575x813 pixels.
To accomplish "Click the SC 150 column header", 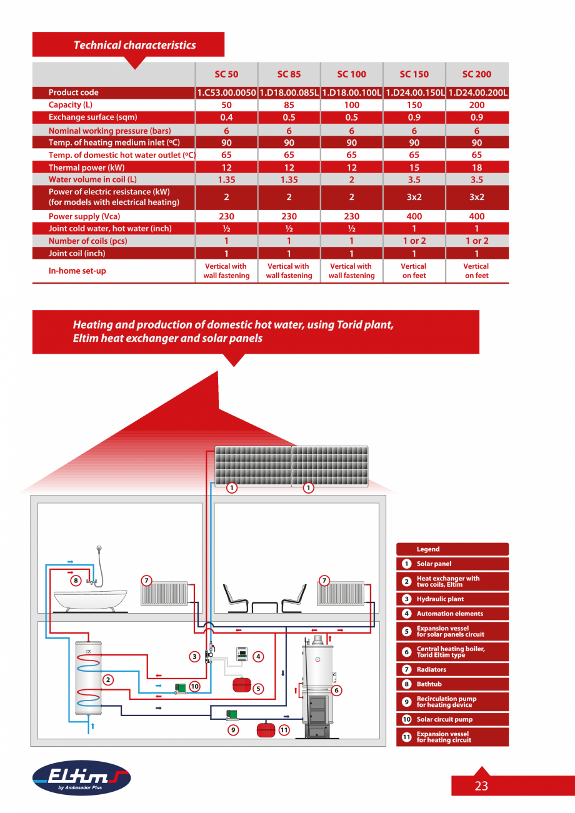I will point(414,74).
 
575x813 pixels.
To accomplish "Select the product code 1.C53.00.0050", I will point(226,92).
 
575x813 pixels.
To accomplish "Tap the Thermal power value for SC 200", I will point(477,167).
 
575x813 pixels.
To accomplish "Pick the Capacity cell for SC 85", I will point(289,105).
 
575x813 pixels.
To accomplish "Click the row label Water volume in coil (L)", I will point(92,179).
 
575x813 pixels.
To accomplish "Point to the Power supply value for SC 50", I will point(226,216).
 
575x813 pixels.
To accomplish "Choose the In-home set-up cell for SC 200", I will point(477,271).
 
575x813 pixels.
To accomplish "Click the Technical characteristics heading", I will point(134,45).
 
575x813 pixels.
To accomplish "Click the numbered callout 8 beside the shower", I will point(76,580).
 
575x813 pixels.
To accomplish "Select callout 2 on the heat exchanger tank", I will point(108,680).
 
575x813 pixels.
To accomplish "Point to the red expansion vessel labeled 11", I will point(266,729).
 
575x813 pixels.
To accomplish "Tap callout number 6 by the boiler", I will point(336,690).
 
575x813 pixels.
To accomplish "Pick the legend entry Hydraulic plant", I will point(440,599).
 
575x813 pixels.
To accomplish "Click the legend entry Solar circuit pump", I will point(444,719).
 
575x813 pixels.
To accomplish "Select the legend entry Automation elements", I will point(449,614).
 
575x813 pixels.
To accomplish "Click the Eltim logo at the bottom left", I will point(81,778).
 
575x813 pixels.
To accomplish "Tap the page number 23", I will point(481,786).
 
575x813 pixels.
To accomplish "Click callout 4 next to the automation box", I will point(258,656).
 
